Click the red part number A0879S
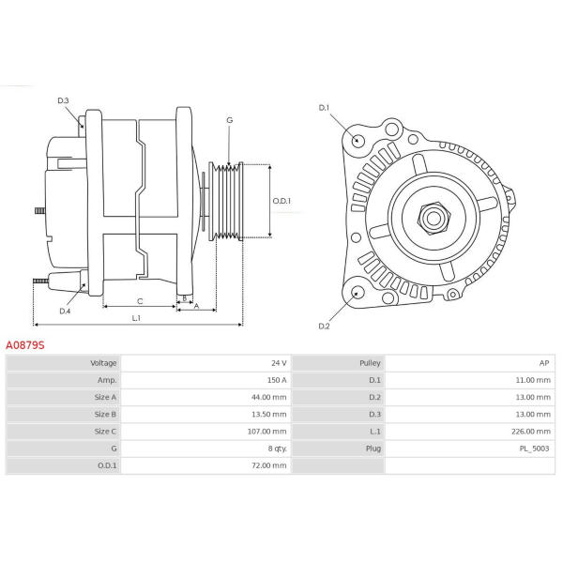(25, 345)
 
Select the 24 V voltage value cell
(279, 363)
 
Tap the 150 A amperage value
(277, 380)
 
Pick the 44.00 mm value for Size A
(269, 397)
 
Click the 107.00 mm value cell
(266, 432)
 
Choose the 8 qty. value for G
(277, 449)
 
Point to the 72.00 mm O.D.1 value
(269, 465)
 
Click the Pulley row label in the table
(370, 363)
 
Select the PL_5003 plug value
(534, 449)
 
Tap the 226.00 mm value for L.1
(531, 432)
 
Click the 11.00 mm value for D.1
(533, 380)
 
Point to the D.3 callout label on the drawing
(63, 100)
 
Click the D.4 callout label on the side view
(65, 311)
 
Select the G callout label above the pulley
(230, 120)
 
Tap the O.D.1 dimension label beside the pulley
(281, 201)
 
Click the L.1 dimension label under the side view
(136, 318)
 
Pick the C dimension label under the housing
(140, 301)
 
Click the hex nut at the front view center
(434, 218)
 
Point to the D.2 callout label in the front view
(324, 326)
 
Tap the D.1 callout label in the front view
(324, 108)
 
